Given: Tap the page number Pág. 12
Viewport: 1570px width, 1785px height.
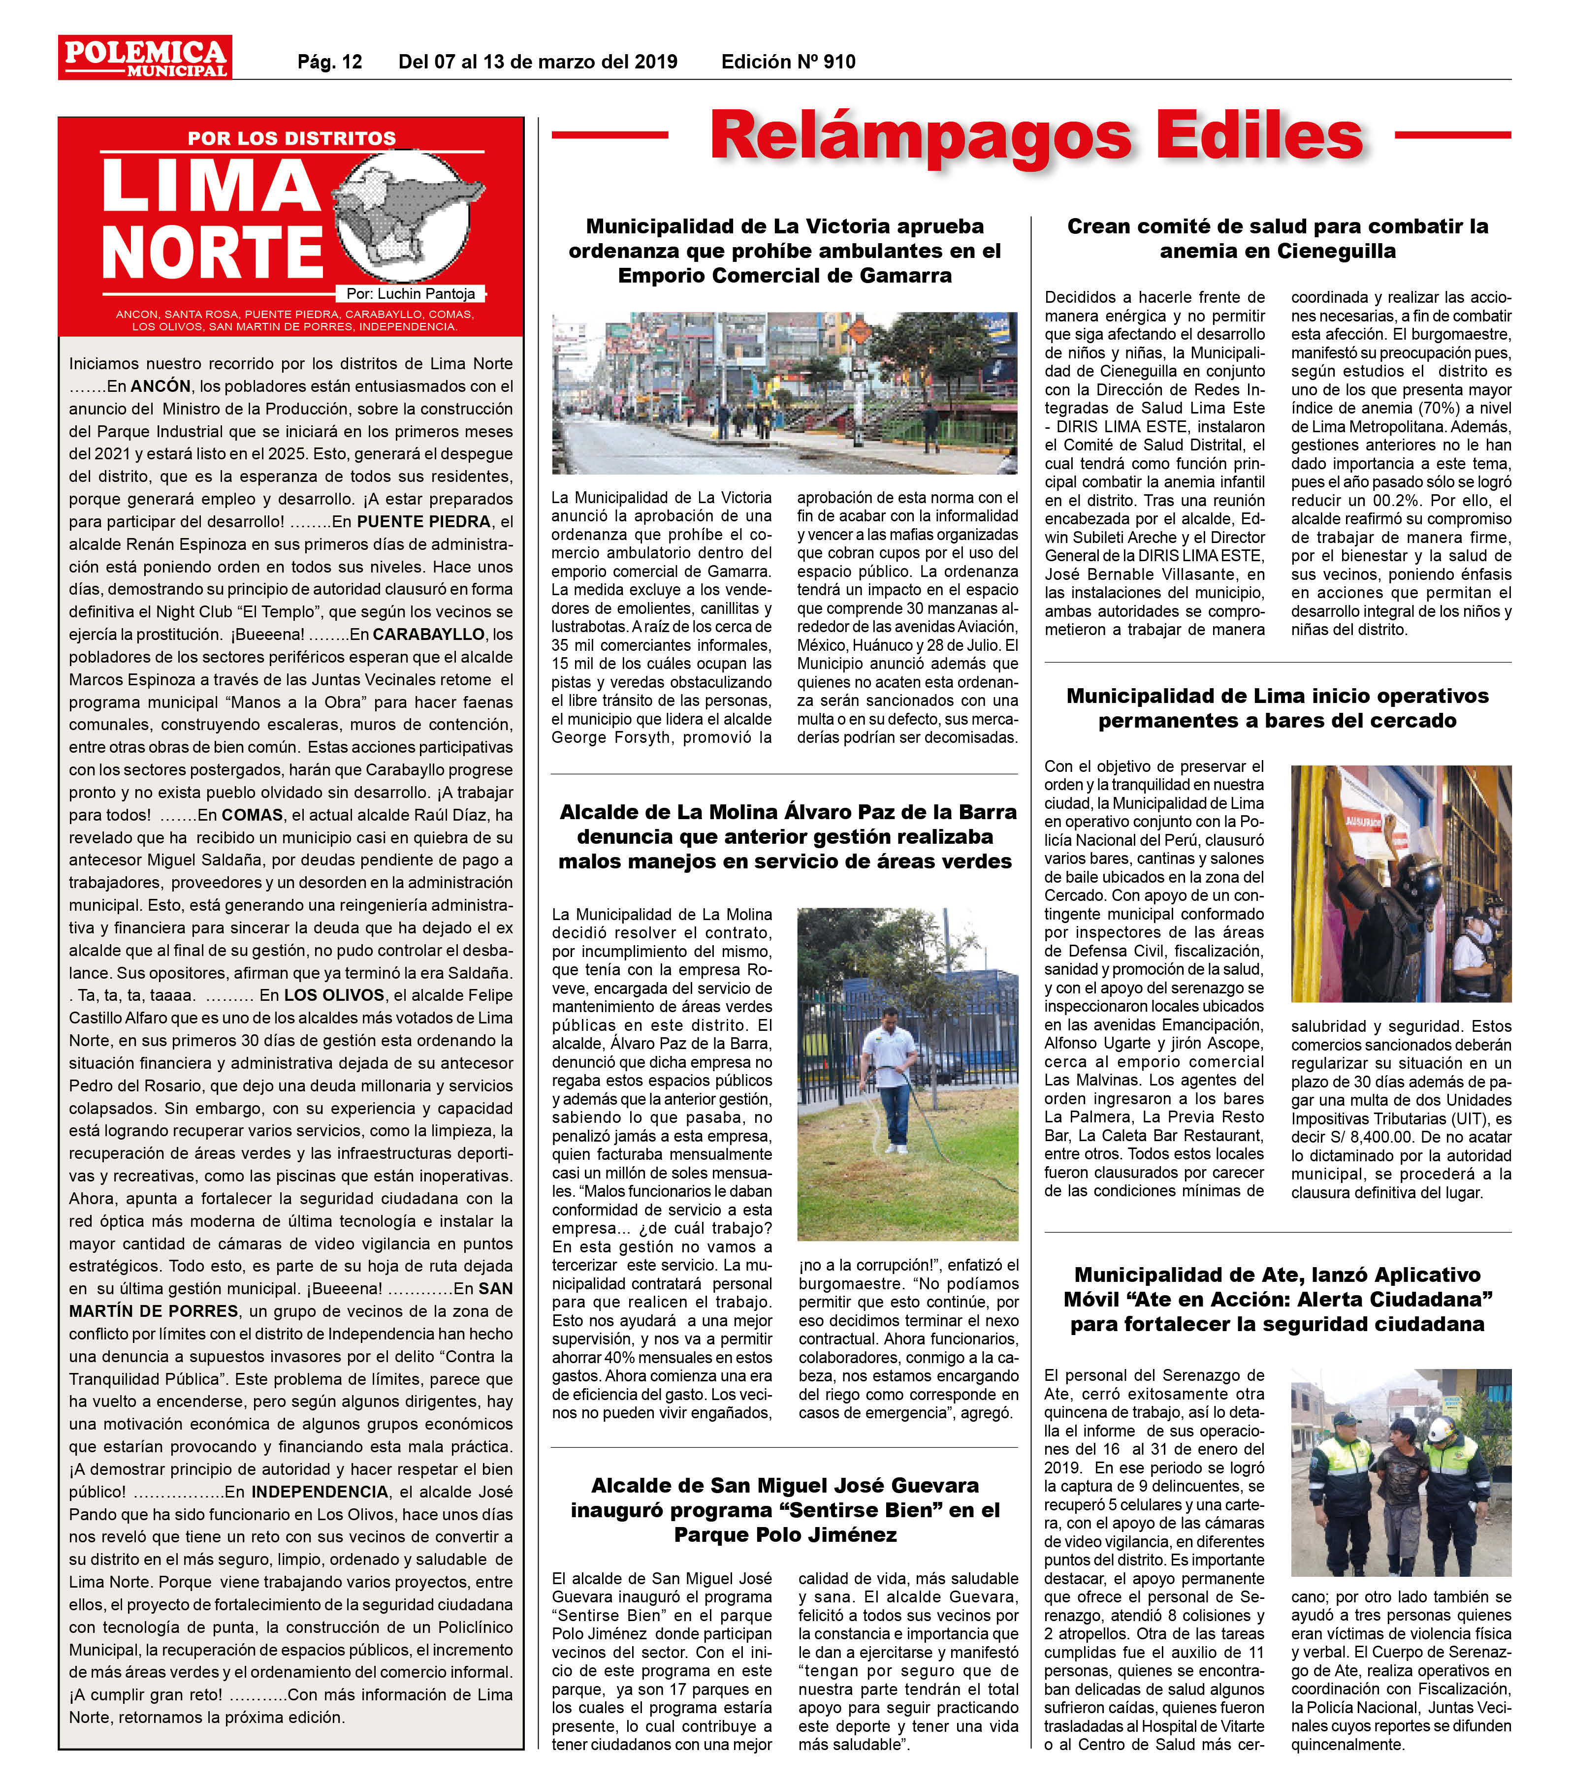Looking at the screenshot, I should click(x=329, y=62).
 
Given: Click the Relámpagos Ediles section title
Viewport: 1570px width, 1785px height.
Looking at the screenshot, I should click(x=1036, y=135).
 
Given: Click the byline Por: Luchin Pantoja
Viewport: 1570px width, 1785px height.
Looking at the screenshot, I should click(x=411, y=294).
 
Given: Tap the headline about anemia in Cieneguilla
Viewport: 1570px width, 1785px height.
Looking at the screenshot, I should click(x=1278, y=238).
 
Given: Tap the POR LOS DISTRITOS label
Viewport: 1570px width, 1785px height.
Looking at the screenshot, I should click(x=291, y=138).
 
